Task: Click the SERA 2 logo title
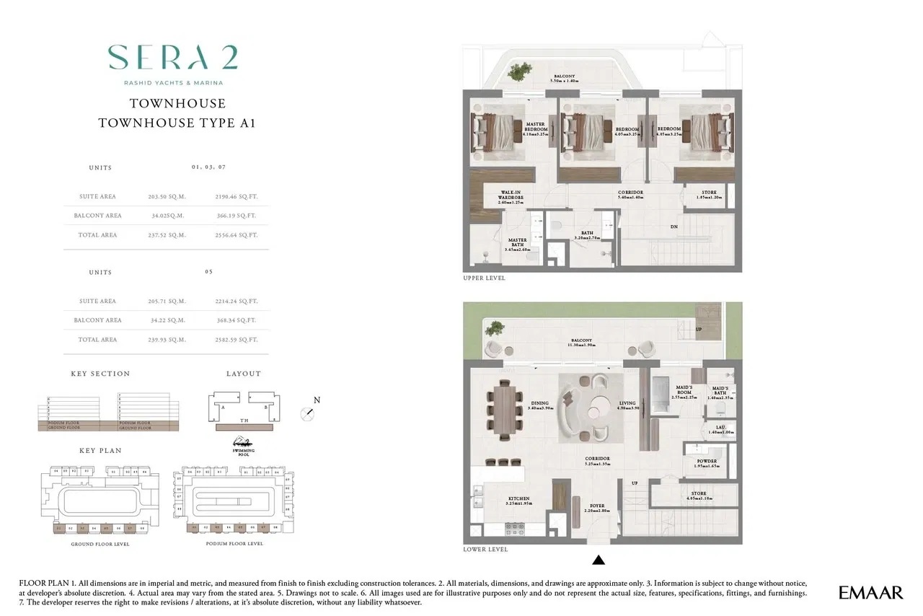(x=173, y=58)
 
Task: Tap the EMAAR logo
(x=870, y=593)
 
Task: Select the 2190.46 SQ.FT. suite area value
(x=236, y=196)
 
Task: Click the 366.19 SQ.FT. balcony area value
(x=236, y=216)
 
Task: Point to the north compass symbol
(x=308, y=413)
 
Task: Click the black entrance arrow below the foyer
(x=598, y=559)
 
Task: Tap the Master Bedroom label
(x=535, y=128)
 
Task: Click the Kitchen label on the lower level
(x=518, y=501)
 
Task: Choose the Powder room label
(x=706, y=464)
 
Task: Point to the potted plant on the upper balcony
(x=517, y=71)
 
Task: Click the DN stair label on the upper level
(x=674, y=226)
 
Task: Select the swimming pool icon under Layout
(x=244, y=443)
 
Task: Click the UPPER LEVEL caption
(x=484, y=278)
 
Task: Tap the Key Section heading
(x=100, y=374)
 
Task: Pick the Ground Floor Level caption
(x=100, y=544)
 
